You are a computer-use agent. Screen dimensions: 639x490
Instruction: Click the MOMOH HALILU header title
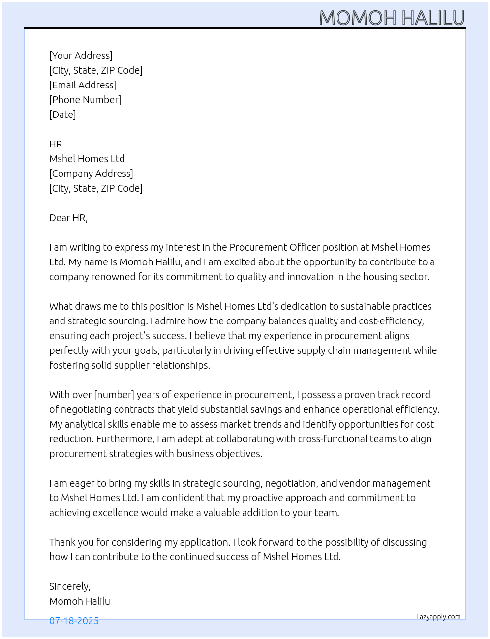click(392, 18)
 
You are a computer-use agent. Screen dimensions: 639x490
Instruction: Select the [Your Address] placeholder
click(81, 56)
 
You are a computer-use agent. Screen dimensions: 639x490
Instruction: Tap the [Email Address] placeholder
click(83, 85)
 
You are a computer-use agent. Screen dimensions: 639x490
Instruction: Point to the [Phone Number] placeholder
click(85, 100)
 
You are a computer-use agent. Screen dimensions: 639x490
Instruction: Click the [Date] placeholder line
click(62, 115)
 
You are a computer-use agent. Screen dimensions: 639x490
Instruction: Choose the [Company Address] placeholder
click(91, 174)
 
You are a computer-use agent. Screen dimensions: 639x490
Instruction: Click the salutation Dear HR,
click(68, 218)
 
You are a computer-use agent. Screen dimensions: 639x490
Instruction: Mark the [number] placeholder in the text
click(114, 395)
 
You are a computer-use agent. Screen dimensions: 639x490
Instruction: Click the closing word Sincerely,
click(70, 586)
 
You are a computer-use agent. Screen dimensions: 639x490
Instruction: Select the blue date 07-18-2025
click(74, 621)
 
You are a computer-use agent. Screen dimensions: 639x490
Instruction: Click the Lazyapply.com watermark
click(438, 617)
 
